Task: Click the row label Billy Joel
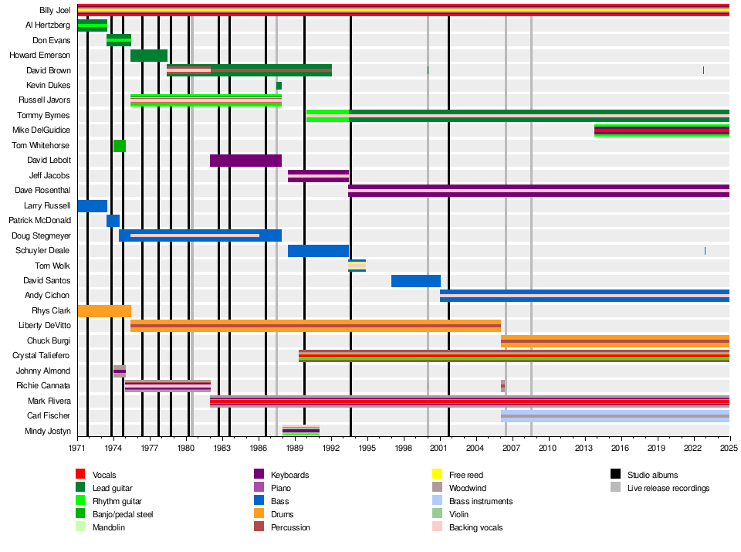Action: tap(55, 10)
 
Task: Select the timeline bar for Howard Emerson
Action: tap(149, 56)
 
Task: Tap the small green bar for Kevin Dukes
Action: tap(279, 86)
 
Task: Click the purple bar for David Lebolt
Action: tap(245, 161)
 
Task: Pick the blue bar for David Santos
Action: tap(416, 281)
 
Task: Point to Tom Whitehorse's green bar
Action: tap(120, 146)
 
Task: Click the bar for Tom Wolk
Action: tap(357, 266)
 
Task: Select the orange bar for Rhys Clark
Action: tap(104, 311)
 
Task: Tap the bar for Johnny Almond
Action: tap(120, 371)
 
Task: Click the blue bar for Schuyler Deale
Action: tap(318, 251)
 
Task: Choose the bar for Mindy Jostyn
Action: tap(301, 431)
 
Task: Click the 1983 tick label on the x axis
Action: tap(222, 448)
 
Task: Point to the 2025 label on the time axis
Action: tap(729, 448)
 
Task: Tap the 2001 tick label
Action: tap(438, 448)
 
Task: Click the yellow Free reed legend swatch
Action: tap(437, 473)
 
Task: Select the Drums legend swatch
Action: tap(259, 513)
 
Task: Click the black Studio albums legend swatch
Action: tap(615, 473)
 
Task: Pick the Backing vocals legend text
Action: tap(476, 527)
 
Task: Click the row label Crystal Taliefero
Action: tap(41, 355)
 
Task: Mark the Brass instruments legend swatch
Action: tap(437, 500)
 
